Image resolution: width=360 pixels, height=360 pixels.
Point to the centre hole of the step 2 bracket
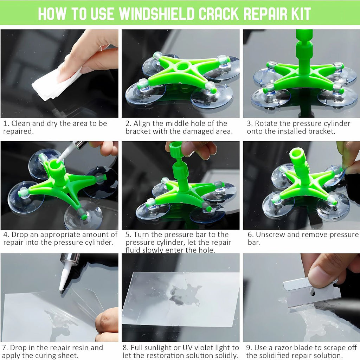183,67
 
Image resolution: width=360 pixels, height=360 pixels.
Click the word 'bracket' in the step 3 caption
321,131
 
